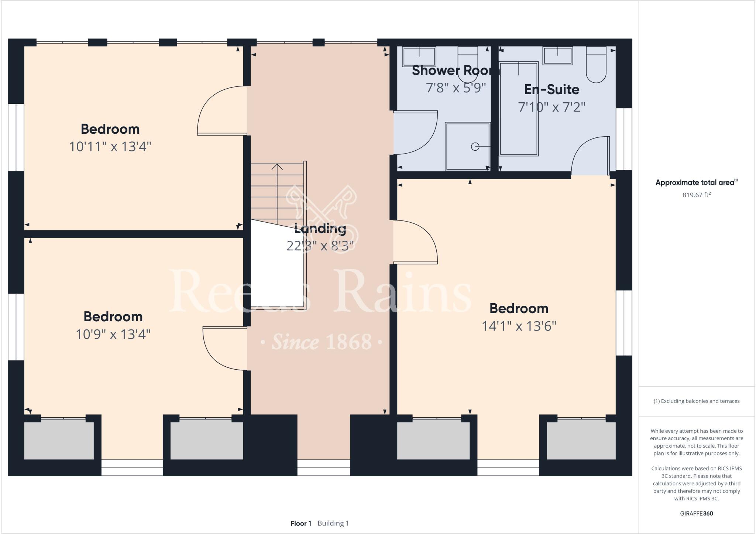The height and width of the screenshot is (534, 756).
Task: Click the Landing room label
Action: point(320,229)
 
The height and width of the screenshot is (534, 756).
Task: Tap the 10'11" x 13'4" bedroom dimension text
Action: point(110,147)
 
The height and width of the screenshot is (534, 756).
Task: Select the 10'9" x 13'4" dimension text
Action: point(113,334)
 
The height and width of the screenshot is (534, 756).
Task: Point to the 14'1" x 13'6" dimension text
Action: point(519,326)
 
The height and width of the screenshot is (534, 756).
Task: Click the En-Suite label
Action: point(551,89)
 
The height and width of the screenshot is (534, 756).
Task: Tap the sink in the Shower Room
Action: point(419,57)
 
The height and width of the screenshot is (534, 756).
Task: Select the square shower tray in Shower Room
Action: point(467,146)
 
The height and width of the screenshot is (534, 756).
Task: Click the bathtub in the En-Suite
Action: point(518,109)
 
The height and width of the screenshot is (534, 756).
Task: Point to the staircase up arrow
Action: point(277,167)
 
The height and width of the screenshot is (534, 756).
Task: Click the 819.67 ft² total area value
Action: point(696,195)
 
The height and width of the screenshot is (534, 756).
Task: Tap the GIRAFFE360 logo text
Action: point(696,513)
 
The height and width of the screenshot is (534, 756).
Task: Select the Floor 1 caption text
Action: point(301,523)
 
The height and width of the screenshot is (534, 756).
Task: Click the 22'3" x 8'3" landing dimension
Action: point(320,246)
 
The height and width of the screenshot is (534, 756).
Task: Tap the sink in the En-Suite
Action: point(557,56)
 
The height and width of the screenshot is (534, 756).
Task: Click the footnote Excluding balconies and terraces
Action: point(696,401)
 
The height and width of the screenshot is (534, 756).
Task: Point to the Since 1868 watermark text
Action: point(321,342)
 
